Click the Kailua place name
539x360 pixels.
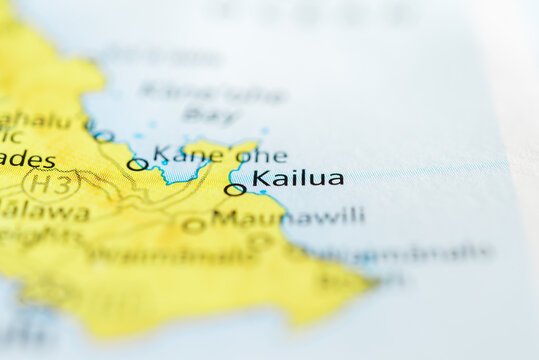coord(298,179)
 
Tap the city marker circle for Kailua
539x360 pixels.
coord(234,189)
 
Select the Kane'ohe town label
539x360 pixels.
coord(219,155)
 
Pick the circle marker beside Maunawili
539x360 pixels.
coord(193,226)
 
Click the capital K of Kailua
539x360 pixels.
coord(261,179)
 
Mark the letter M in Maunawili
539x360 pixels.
coord(222,217)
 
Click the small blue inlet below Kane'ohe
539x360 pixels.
coord(186,172)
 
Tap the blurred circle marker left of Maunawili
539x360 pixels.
coord(193,226)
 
